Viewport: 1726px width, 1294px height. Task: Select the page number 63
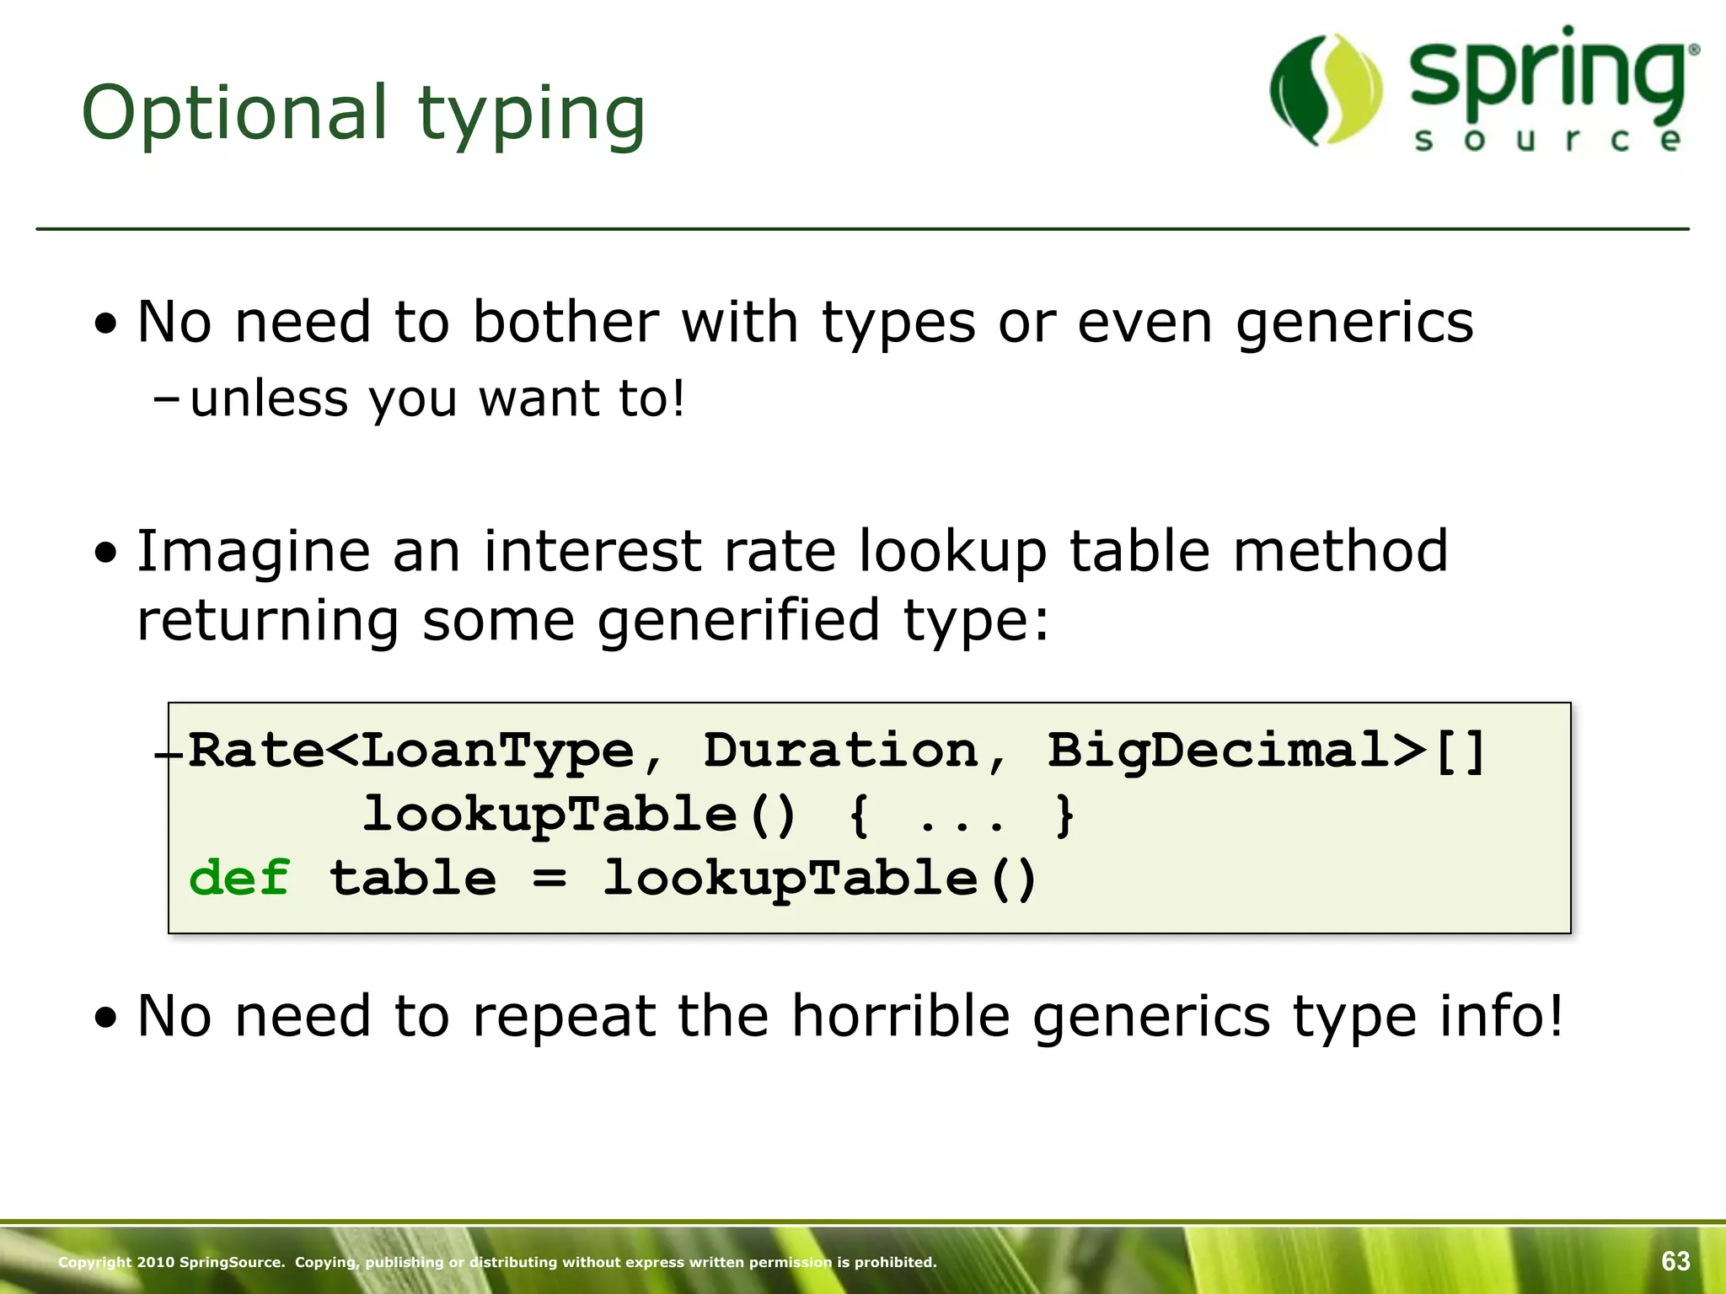click(x=1675, y=1261)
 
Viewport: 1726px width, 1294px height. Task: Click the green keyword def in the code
click(x=239, y=878)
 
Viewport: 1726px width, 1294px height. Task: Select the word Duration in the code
click(x=839, y=750)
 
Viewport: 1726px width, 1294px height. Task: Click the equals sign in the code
click(x=549, y=880)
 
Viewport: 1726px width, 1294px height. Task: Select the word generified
click(x=738, y=620)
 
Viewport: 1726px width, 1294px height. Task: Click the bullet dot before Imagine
click(x=106, y=553)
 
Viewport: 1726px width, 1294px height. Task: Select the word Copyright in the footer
click(x=94, y=1262)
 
